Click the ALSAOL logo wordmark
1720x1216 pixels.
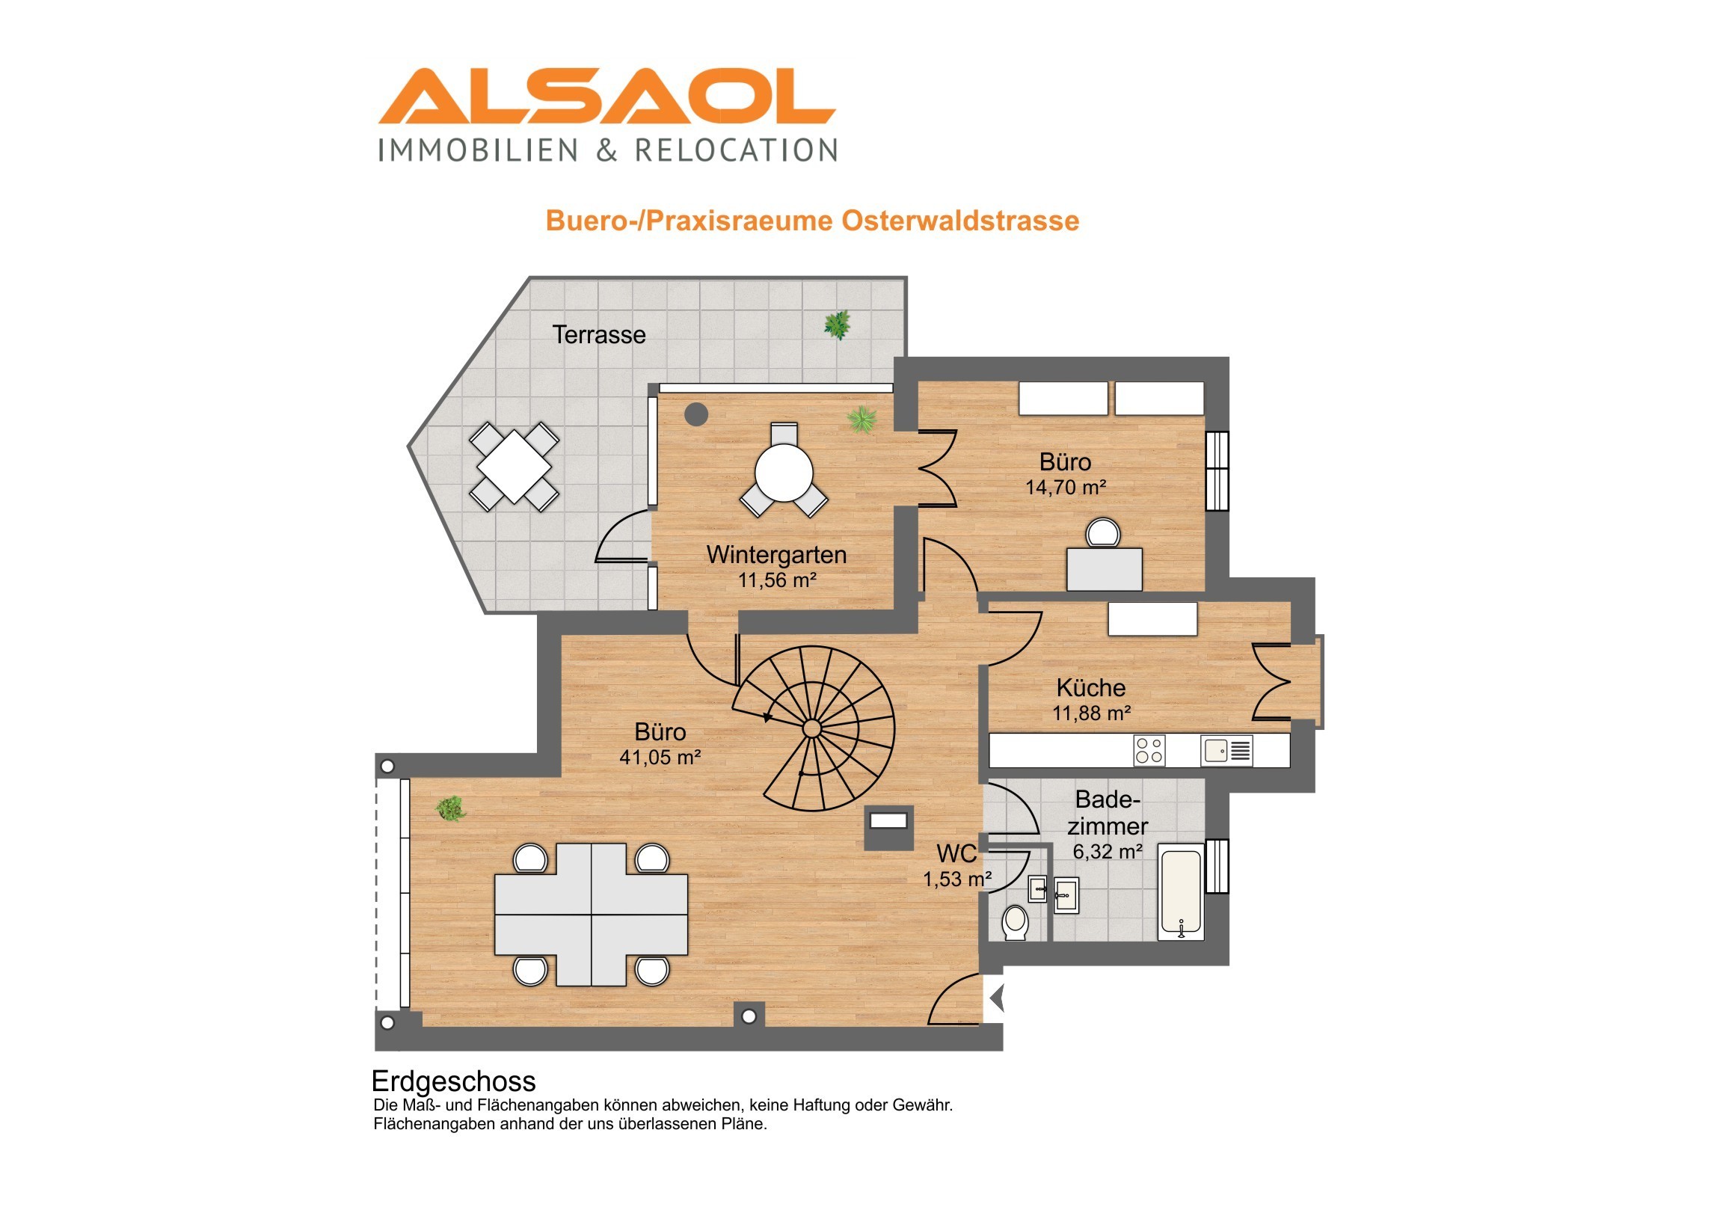(x=606, y=96)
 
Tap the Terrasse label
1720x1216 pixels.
(x=598, y=334)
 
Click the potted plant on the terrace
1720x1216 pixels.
(x=837, y=325)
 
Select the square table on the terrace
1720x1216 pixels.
(x=514, y=466)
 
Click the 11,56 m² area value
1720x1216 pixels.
(x=777, y=580)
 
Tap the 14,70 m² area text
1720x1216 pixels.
(x=1065, y=488)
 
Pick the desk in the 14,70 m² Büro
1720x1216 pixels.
(x=1105, y=569)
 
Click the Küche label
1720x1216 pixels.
(x=1091, y=688)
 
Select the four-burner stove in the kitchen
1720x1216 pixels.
(x=1149, y=751)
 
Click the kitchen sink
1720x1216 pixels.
(x=1226, y=751)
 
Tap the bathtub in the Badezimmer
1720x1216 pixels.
(x=1182, y=891)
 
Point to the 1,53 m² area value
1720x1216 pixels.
(x=957, y=879)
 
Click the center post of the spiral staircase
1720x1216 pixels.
(x=812, y=728)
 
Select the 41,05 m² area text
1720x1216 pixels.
(x=660, y=758)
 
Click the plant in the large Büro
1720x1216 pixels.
(x=450, y=809)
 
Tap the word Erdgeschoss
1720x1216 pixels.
(x=453, y=1082)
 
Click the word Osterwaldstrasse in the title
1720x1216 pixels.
(x=960, y=221)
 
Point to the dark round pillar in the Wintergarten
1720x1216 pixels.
(x=697, y=414)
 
